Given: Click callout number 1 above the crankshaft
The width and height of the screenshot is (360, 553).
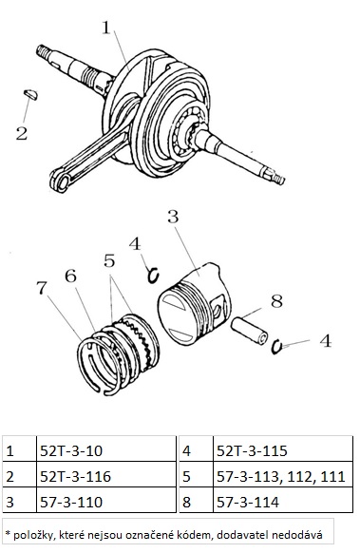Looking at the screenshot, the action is pos(106,28).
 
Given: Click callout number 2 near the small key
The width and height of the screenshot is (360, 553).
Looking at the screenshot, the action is pos(22,134).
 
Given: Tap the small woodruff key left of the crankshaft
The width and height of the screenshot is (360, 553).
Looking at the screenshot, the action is pos(30,95).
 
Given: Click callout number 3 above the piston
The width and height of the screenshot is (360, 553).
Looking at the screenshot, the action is pos(173,217).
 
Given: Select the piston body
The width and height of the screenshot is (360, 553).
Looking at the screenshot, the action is pos(194,304).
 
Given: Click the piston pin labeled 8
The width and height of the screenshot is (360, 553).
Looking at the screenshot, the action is pos(250,332).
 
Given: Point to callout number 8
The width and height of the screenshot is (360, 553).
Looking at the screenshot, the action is pos(276,302).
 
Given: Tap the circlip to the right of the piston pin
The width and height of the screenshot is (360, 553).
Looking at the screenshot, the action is pos(276,347).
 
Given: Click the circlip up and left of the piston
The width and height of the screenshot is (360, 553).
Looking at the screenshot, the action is pos(153,276).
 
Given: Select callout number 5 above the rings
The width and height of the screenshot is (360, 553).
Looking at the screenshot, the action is pos(109,261).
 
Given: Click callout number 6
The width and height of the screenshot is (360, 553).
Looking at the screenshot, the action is pos(70,276).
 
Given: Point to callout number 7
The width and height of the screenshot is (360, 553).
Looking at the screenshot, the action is pos(42,288).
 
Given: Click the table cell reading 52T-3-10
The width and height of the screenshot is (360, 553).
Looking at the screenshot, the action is pos(106,451).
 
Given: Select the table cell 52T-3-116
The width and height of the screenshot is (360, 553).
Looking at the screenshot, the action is pos(106,476).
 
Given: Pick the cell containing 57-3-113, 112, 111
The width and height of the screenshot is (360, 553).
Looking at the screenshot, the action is pos(283,476).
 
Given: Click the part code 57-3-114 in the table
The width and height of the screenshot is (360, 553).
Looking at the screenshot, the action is pos(248,502).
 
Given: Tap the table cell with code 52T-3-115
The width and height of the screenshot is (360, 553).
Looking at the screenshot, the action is pos(283,451).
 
